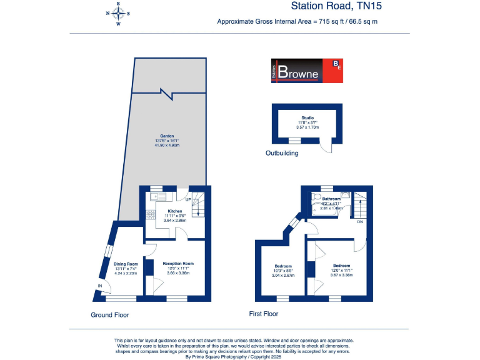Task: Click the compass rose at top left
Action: pos(119,14)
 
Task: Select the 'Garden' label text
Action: pos(166,136)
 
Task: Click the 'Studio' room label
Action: pos(307,117)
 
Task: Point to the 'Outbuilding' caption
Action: pos(282,153)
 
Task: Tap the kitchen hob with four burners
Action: pos(151,215)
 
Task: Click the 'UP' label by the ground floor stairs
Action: pos(187,200)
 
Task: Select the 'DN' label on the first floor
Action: pos(360,222)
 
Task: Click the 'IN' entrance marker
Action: pos(99,286)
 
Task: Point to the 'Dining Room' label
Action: pos(125,264)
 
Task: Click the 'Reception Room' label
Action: pos(178,264)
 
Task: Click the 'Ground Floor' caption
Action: pos(110,315)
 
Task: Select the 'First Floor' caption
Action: pos(263,314)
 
